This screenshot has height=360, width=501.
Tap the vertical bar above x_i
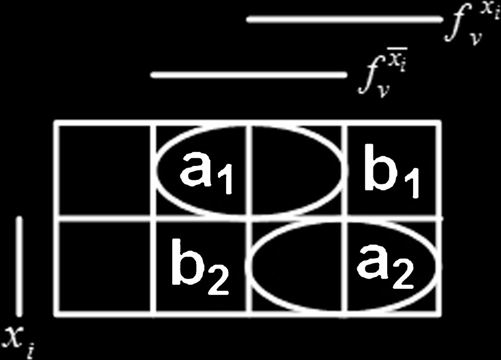point(19,265)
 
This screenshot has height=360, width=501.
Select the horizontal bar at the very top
point(345,20)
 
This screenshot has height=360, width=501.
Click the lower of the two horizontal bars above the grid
point(249,76)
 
